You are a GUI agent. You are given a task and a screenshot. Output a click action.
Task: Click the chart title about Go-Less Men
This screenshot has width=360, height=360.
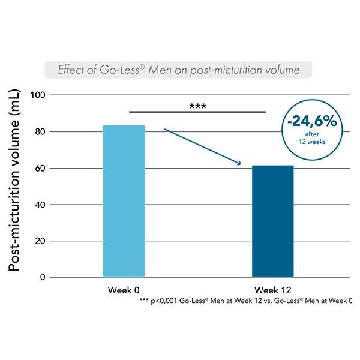pyautogui.click(x=178, y=70)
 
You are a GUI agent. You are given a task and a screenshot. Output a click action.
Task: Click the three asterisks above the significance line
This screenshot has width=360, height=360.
pyautogui.click(x=197, y=106)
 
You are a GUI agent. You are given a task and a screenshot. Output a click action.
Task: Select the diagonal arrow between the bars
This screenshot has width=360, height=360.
pyautogui.click(x=202, y=146)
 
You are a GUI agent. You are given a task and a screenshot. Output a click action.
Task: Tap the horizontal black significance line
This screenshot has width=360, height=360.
pyautogui.click(x=197, y=112)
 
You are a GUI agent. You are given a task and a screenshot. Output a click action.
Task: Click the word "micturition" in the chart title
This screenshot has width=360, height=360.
pyautogui.click(x=243, y=70)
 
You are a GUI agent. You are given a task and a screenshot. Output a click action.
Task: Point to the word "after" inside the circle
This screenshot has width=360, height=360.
pyautogui.click(x=311, y=135)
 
